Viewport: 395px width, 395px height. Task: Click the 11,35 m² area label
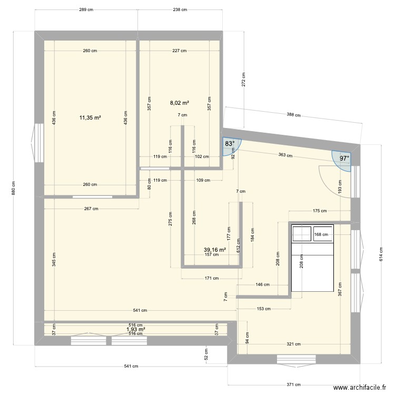[x=90, y=117]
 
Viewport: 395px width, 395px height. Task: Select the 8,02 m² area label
[x=179, y=104]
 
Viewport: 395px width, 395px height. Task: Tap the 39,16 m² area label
[x=215, y=250]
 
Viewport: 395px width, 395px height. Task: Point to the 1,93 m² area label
[x=135, y=330]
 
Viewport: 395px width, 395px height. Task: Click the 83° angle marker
[x=230, y=144]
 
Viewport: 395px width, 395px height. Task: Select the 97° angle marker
[x=344, y=158]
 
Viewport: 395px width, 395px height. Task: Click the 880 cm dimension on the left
[x=14, y=188]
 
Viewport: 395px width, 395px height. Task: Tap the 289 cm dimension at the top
[x=86, y=9]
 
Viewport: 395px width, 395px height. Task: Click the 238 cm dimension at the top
[x=181, y=9]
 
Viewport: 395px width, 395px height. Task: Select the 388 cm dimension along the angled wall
[x=293, y=115]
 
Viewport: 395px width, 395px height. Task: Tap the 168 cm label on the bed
[x=321, y=235]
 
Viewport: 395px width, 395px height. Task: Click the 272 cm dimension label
[x=244, y=79]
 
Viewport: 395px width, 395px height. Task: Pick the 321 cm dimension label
[x=294, y=344]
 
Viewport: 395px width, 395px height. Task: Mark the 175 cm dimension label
[x=320, y=211]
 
